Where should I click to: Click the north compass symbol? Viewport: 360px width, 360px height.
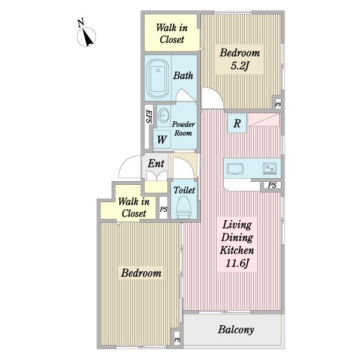tap(86, 37)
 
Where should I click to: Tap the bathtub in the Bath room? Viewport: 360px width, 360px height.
tap(158, 78)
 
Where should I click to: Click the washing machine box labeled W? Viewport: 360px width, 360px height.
tap(162, 140)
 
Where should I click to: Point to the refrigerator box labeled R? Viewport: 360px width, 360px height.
tap(237, 123)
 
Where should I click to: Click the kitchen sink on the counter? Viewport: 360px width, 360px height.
tap(235, 169)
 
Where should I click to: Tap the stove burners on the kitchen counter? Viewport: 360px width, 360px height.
tap(270, 169)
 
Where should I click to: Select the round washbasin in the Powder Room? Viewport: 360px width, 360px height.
tap(164, 115)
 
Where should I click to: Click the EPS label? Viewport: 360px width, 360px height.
tap(149, 116)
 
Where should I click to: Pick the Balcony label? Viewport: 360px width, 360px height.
tap(236, 329)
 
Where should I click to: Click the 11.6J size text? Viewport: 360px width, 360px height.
tap(237, 263)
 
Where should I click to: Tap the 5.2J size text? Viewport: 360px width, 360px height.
tap(239, 66)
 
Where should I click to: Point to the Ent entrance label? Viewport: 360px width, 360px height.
tap(156, 163)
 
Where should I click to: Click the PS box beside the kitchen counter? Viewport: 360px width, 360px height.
tap(272, 185)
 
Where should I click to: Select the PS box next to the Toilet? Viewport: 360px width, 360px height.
tap(163, 208)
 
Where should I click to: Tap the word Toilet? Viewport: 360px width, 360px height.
tap(184, 190)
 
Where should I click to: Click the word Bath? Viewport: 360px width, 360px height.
tap(183, 76)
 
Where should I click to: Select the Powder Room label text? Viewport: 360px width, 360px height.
tap(183, 128)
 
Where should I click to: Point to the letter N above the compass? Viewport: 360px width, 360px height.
tap(80, 23)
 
